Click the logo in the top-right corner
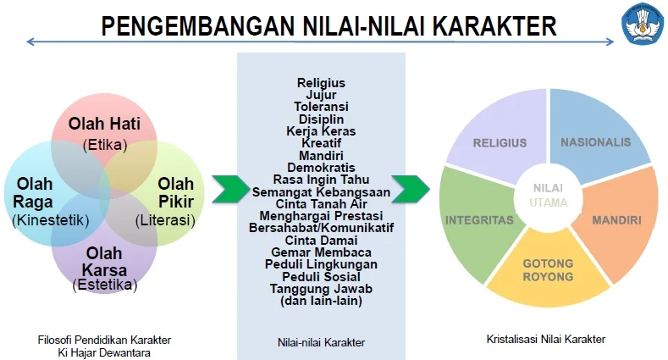click(643, 24)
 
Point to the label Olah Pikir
click(175, 193)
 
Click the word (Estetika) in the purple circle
click(105, 285)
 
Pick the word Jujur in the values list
click(321, 96)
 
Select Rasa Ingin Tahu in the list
click(321, 180)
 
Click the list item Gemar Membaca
click(321, 252)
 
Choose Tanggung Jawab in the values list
click(321, 288)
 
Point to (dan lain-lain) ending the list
click(321, 300)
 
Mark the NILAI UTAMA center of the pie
click(549, 194)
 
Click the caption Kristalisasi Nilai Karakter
click(546, 340)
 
